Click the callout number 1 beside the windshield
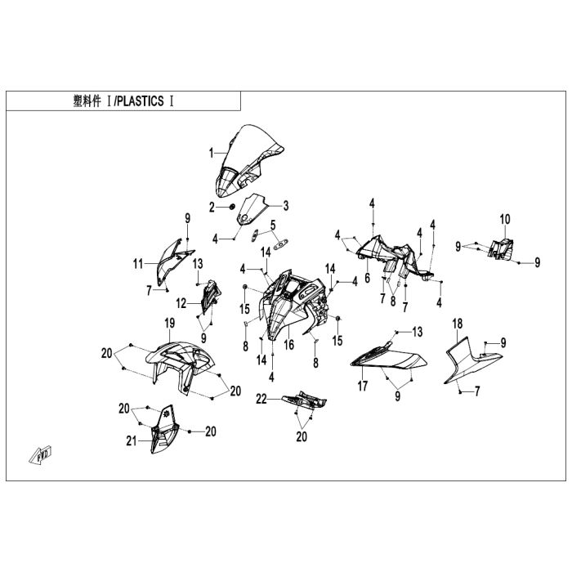(x=211, y=153)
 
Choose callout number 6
(x=368, y=278)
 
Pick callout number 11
(x=139, y=263)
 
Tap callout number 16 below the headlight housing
(x=288, y=345)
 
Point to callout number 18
(x=458, y=324)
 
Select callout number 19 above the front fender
(x=170, y=324)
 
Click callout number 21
(x=129, y=441)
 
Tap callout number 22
(x=261, y=398)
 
